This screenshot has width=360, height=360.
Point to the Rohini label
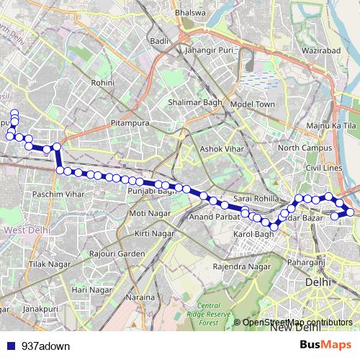pyautogui.click(x=103, y=83)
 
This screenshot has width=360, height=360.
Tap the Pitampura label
pyautogui.click(x=130, y=124)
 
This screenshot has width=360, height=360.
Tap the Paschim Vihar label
pyautogui.click(x=53, y=195)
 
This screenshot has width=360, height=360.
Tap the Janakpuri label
pyautogui.click(x=40, y=309)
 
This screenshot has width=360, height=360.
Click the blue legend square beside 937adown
pyautogui.click(x=11, y=346)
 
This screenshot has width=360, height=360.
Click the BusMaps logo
pyautogui.click(x=325, y=345)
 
